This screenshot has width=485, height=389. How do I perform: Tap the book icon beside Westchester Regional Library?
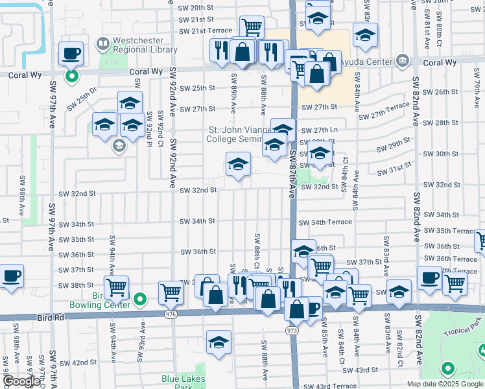pos(102,44)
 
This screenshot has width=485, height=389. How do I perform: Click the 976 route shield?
pos(171,314)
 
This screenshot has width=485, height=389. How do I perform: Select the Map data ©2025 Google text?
pos(445,383)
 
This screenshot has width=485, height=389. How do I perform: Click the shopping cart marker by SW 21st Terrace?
pos(252,27)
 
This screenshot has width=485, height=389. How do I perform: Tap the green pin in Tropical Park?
pos(447,370)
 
